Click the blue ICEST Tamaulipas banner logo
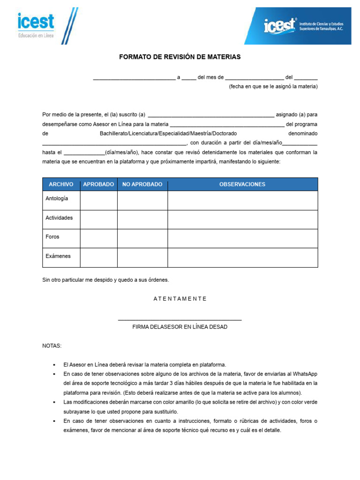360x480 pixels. [298, 26]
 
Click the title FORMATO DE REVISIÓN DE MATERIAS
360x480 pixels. [180, 57]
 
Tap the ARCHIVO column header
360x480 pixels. [61, 184]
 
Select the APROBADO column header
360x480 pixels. [98, 184]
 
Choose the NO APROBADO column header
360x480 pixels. [142, 184]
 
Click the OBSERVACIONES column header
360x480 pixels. [242, 184]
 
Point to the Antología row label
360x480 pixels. [57, 198]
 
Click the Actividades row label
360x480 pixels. [59, 218]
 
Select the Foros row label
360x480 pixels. [52, 237]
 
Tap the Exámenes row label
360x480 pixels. [58, 256]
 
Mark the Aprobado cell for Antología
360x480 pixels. [98, 200]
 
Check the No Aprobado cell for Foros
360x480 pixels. [142, 238]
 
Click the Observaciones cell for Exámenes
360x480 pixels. [242, 257]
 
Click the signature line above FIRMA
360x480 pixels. [180, 320]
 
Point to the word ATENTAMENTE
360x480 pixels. [180, 299]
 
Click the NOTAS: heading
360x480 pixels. [52, 346]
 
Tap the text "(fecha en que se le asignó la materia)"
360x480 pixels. [273, 87]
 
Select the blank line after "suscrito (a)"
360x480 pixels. [210, 115]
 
